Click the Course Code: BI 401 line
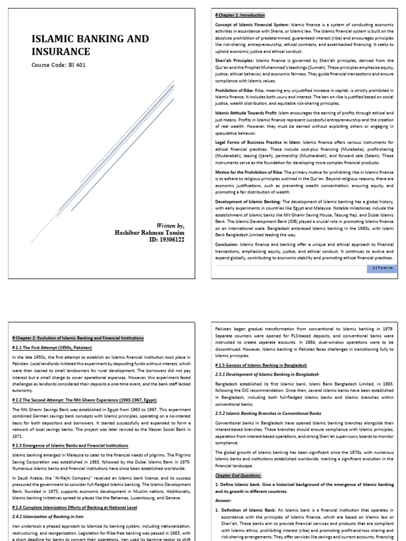[x=59, y=65]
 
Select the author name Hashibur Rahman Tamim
[x=150, y=233]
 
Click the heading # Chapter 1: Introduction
[x=240, y=15]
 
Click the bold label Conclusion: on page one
[x=227, y=245]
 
